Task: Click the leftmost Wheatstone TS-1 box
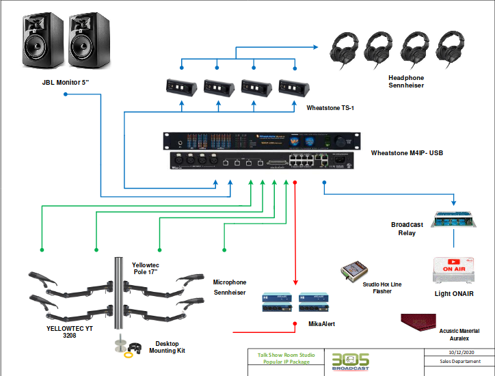pyautogui.click(x=181, y=88)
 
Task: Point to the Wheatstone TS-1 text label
pyautogui.click(x=330, y=107)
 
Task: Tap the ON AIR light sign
pyautogui.click(x=454, y=269)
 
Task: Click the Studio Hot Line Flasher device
pyautogui.click(x=356, y=271)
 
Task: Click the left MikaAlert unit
pyautogui.click(x=277, y=303)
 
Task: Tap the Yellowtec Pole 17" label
pyautogui.click(x=147, y=268)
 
